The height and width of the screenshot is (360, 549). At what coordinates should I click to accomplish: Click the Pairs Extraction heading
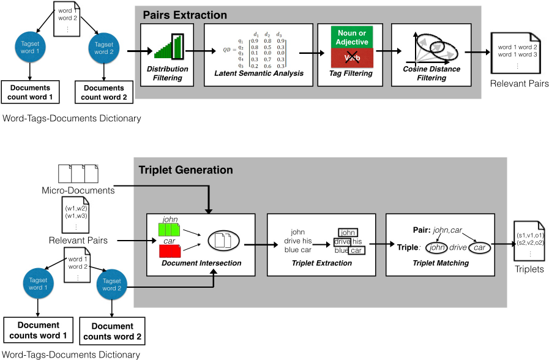tap(185, 15)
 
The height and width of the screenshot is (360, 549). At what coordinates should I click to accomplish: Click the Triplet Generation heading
tap(185, 170)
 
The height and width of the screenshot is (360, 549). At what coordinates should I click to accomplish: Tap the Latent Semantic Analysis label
tap(259, 73)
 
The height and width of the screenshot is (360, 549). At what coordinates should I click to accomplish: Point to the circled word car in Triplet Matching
tap(479, 248)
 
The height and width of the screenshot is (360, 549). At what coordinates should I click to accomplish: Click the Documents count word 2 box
tap(103, 92)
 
